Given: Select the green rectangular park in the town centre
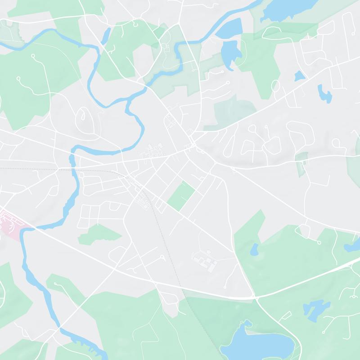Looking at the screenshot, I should point(181,196).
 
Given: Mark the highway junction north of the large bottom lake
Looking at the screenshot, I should point(255,297).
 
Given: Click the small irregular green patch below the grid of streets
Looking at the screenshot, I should point(99,234).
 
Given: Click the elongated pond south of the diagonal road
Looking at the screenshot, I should point(324,93).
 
